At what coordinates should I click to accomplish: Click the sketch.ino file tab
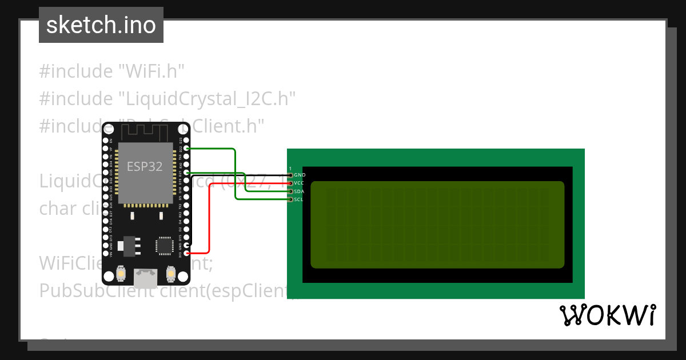[x=101, y=25]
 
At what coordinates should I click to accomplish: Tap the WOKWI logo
[x=607, y=315]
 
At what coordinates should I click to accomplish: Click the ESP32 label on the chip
[x=144, y=167]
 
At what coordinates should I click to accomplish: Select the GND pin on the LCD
[x=290, y=175]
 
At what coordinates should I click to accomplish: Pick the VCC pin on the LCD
[x=290, y=183]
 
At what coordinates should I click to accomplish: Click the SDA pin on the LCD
[x=290, y=191]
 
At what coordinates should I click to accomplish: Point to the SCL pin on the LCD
[x=290, y=199]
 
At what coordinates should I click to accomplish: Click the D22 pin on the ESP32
[x=186, y=148]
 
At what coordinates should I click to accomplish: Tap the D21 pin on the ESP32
[x=186, y=173]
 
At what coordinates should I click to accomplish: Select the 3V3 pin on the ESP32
[x=186, y=253]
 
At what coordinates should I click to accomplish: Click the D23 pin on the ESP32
[x=186, y=140]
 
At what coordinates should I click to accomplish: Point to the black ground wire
[x=240, y=174]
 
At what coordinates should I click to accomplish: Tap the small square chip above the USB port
[x=163, y=246]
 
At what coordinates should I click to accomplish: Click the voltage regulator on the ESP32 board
[x=124, y=246]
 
